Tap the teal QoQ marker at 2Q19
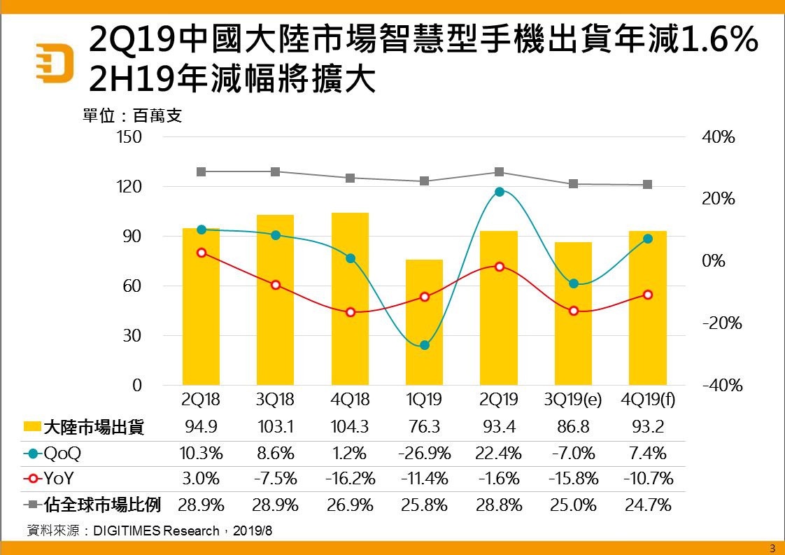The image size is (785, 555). (x=499, y=192)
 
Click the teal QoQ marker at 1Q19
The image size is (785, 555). (x=424, y=345)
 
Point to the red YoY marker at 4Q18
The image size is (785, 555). (x=350, y=312)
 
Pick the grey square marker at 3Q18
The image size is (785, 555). (x=276, y=171)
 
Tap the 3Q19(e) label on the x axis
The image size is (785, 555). (x=573, y=400)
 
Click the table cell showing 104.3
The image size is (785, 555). (x=350, y=427)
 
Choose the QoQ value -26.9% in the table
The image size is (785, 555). (x=424, y=453)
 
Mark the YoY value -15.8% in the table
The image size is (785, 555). (x=573, y=479)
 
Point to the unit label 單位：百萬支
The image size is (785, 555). (x=133, y=116)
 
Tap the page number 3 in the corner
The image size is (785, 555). (x=772, y=547)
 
